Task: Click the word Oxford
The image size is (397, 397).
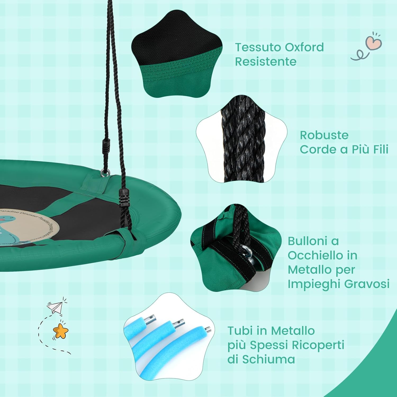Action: pyautogui.click(x=304, y=47)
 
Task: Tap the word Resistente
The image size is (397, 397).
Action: pyautogui.click(x=265, y=62)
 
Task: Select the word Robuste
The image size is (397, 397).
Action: pyautogui.click(x=324, y=135)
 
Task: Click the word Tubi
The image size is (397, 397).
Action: pyautogui.click(x=241, y=331)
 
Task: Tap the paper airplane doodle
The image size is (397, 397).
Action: pyautogui.click(x=55, y=307)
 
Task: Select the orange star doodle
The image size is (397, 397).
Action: pyautogui.click(x=61, y=331)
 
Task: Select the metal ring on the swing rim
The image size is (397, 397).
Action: pyautogui.click(x=106, y=172)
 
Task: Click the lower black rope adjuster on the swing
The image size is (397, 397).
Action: pyautogui.click(x=124, y=198)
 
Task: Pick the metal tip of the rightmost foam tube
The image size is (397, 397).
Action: pyautogui.click(x=208, y=330)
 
